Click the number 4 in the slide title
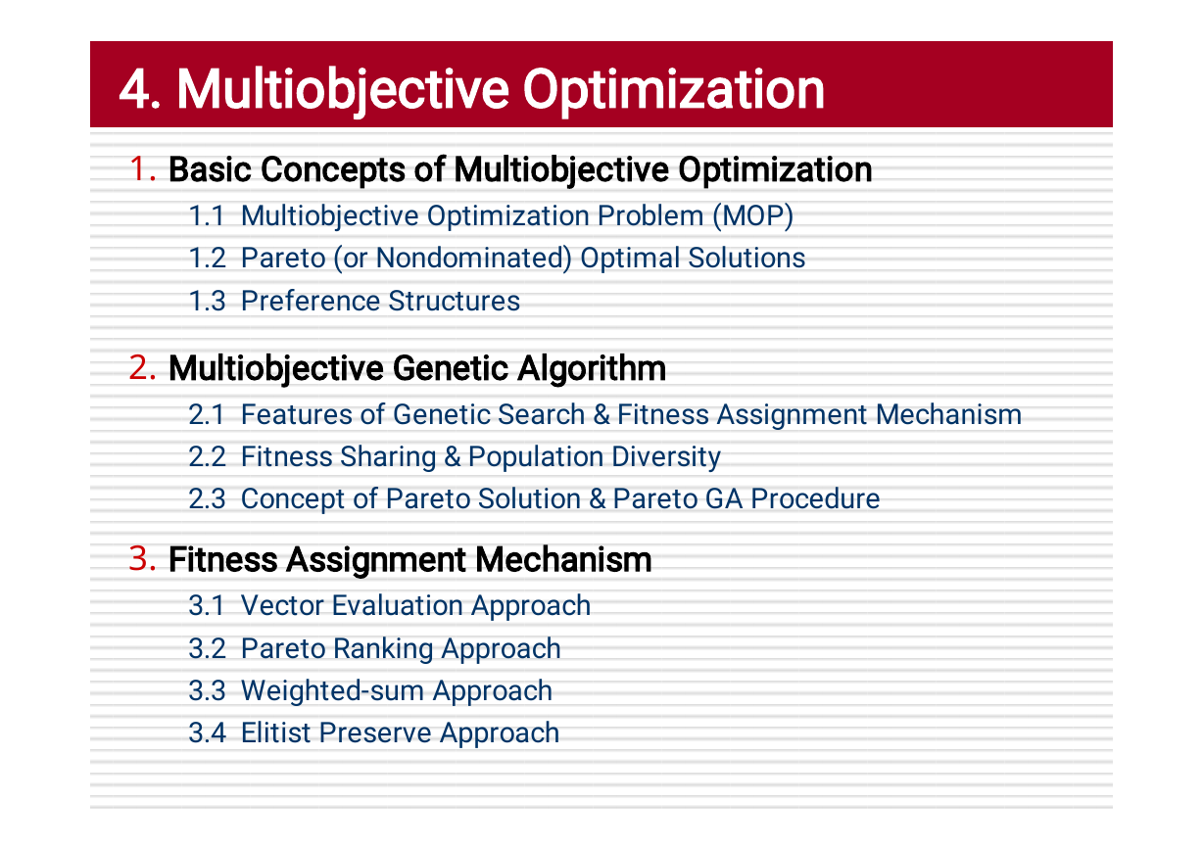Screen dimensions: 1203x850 point(134,89)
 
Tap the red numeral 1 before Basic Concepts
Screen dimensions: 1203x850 point(138,168)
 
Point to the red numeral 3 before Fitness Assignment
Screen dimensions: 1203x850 point(138,558)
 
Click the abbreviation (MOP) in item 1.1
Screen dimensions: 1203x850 point(753,216)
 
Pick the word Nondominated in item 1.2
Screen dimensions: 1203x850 point(474,259)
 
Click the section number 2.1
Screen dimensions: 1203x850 point(207,414)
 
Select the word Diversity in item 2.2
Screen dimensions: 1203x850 point(666,457)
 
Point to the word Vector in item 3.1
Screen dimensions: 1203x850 point(282,606)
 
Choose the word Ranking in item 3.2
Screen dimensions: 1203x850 point(383,649)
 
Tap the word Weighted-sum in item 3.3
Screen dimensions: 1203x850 point(333,690)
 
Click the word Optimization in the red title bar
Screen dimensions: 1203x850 point(673,91)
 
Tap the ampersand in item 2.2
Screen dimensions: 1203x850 point(453,457)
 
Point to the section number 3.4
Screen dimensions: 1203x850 point(208,732)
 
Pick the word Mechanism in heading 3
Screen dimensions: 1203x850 point(563,560)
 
